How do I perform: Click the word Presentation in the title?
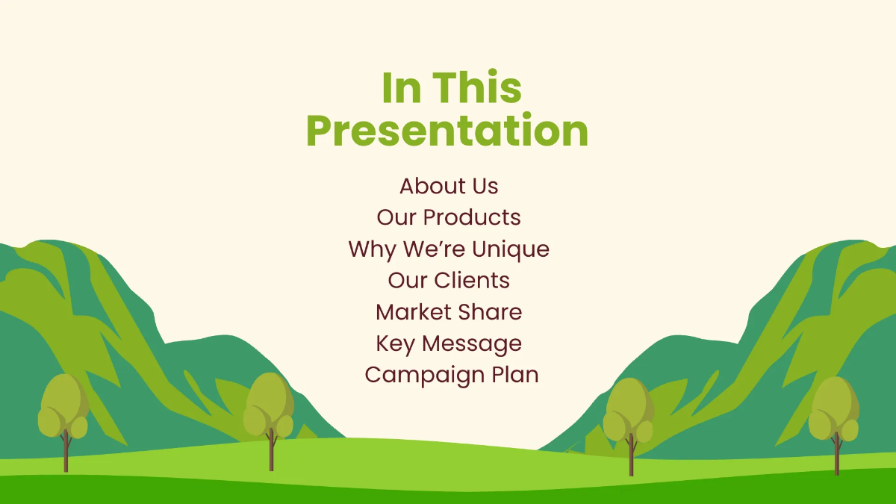[447, 131]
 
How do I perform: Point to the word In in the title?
[401, 88]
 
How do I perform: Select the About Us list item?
[448, 186]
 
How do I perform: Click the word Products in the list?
[472, 217]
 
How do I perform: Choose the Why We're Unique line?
[448, 249]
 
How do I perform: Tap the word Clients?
[472, 280]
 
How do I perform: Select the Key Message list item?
[448, 343]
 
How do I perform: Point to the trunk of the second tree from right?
[631, 457]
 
